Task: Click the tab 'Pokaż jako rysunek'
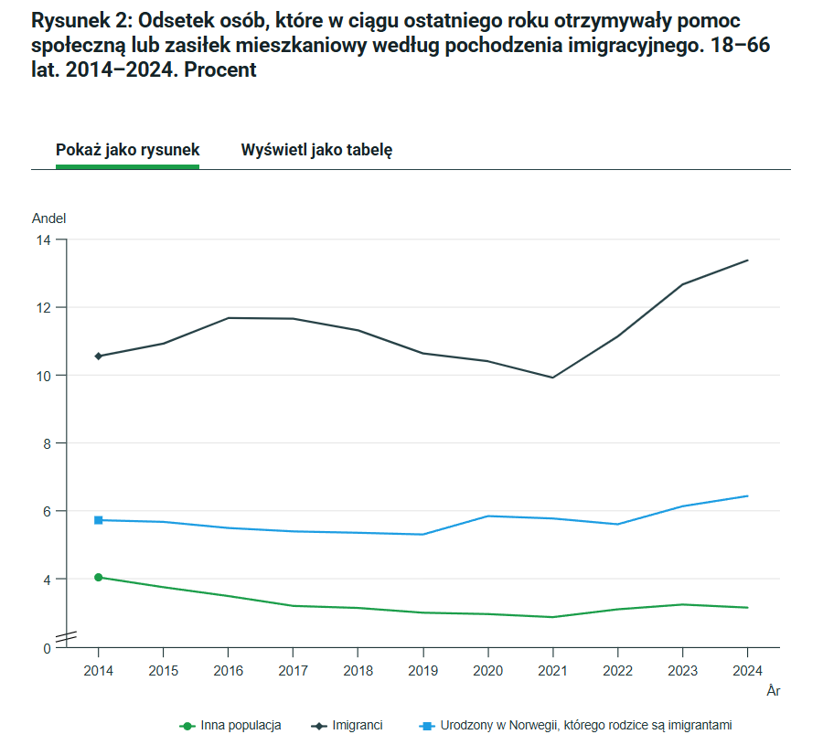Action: click(127, 150)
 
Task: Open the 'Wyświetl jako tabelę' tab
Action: click(316, 150)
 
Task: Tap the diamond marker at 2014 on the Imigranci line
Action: click(99, 356)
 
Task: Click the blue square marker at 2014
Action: click(99, 520)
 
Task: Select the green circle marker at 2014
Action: click(99, 578)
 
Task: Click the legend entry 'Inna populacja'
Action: click(240, 725)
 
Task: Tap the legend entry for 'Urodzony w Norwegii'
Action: click(586, 725)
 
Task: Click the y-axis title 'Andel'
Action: click(49, 218)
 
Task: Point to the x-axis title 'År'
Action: click(773, 691)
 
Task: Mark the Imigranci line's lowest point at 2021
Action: click(552, 378)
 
